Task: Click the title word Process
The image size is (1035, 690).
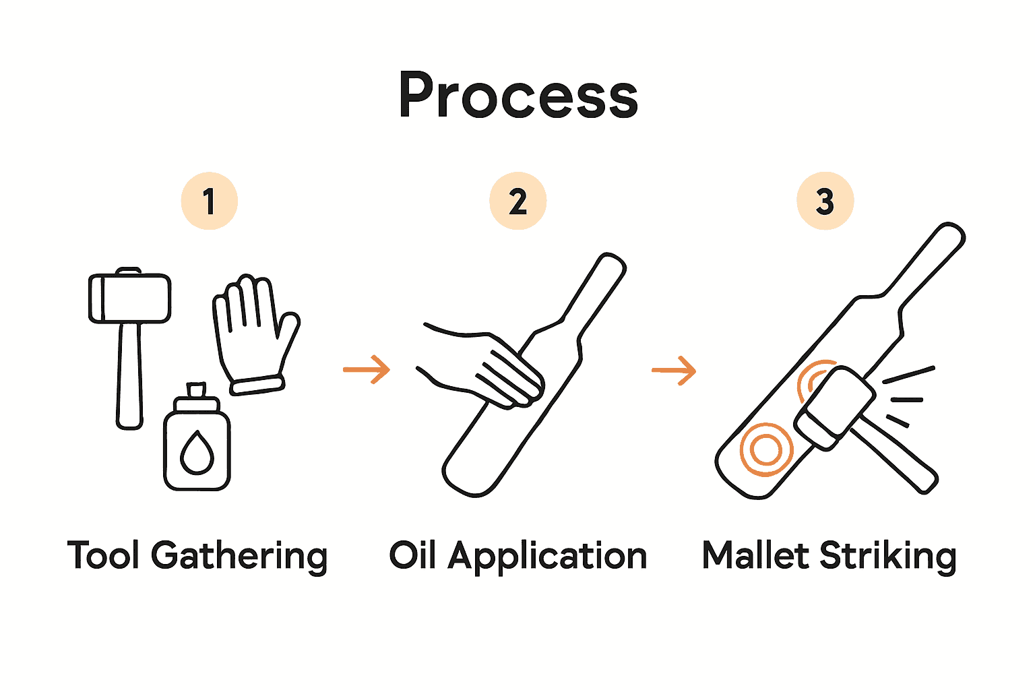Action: point(517,96)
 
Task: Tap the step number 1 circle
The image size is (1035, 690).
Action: point(209,201)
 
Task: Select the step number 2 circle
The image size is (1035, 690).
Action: point(517,201)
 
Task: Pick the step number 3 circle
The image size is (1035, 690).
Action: point(825,201)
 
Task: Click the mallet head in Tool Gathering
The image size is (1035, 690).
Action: point(129,298)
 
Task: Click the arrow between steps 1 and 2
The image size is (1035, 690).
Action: point(367,369)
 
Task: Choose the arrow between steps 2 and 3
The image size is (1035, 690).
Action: point(674,370)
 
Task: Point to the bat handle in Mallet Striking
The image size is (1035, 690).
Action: point(927,263)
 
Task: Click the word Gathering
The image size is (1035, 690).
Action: point(239,557)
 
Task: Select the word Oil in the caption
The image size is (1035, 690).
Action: point(412,555)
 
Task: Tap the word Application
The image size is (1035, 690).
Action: point(548,557)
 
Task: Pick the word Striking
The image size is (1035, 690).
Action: point(887,557)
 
